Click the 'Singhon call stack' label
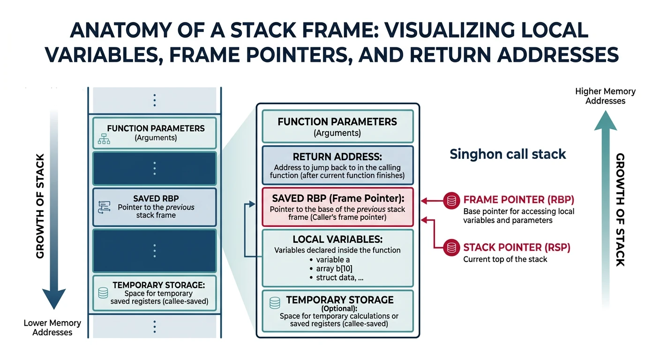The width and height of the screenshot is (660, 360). (508, 154)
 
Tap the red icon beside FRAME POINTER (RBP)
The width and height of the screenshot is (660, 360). (451, 201)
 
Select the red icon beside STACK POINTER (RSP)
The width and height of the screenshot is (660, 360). (451, 247)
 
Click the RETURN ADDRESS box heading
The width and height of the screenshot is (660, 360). (337, 157)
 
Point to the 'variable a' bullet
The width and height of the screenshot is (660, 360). (333, 260)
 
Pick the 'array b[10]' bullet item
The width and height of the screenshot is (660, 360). (335, 269)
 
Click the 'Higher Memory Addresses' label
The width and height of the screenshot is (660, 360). (605, 96)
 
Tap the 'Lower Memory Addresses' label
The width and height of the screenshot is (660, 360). (52, 328)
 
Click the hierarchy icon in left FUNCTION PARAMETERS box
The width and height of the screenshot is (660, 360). (103, 138)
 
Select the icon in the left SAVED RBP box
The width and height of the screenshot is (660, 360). (104, 207)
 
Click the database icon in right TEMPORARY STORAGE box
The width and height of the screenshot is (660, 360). (275, 303)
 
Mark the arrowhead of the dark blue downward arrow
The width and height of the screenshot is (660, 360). (54, 298)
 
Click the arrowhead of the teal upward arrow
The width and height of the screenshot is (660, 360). (605, 120)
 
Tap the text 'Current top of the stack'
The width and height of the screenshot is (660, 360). (505, 259)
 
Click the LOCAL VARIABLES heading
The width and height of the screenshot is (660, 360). (337, 240)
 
